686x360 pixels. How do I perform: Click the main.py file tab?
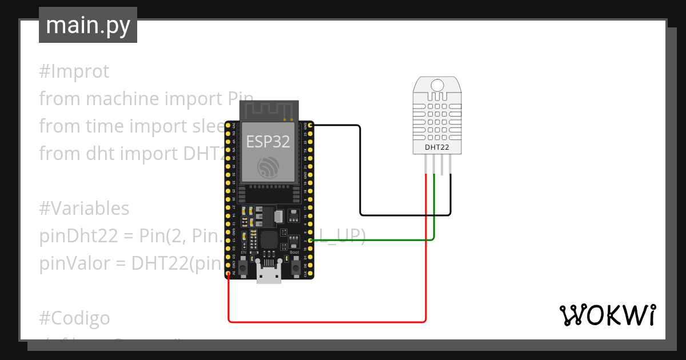[87, 25]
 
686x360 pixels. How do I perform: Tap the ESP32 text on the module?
[268, 142]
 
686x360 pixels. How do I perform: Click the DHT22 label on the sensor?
[436, 147]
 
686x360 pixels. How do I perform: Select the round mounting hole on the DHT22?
[437, 85]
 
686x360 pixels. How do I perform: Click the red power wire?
[326, 322]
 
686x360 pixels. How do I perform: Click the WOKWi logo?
[607, 315]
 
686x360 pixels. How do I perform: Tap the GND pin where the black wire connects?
[310, 125]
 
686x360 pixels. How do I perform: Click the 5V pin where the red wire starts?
[228, 274]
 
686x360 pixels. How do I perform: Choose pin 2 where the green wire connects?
[310, 241]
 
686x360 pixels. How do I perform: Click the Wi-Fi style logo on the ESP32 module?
[268, 167]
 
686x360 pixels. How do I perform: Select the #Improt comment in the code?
[74, 71]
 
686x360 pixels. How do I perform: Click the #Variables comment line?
[84, 209]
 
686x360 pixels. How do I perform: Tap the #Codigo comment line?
[74, 317]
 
